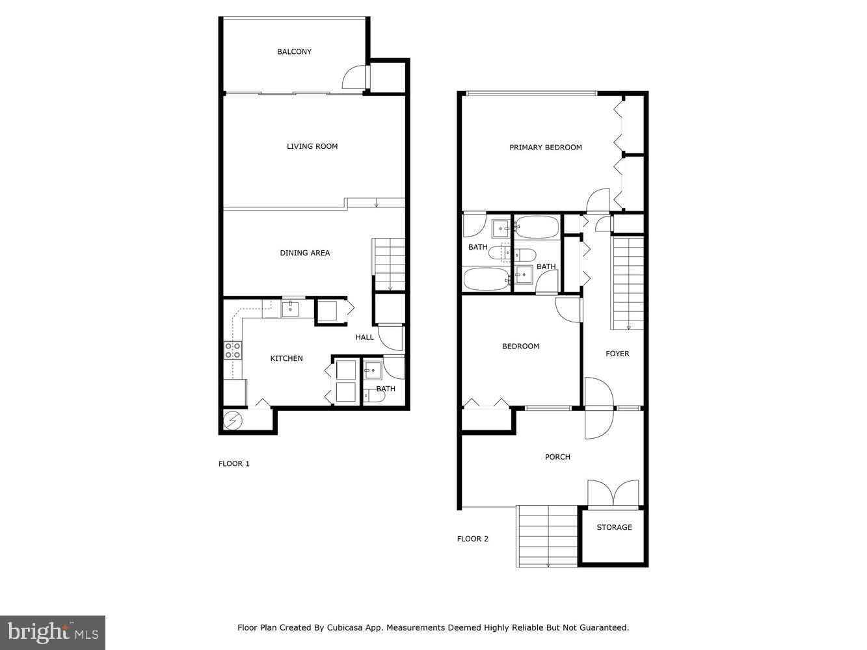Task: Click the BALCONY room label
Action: tap(294, 52)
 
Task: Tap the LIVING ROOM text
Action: tap(312, 147)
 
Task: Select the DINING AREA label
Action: tap(304, 253)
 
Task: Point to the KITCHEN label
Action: tap(286, 359)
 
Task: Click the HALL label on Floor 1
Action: tap(364, 337)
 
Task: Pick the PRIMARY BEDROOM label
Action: tap(545, 148)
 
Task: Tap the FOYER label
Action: tap(617, 354)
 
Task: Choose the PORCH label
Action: tap(557, 457)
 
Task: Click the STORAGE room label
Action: tap(614, 528)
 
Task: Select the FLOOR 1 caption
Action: tap(233, 464)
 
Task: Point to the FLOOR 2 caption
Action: tap(473, 539)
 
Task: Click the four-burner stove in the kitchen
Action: tap(233, 351)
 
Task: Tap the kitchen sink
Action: tap(290, 308)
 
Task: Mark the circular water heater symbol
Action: tap(232, 421)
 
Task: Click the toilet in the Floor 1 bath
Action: tap(370, 395)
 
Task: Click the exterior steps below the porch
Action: tap(548, 536)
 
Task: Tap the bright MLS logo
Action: tap(53, 632)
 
